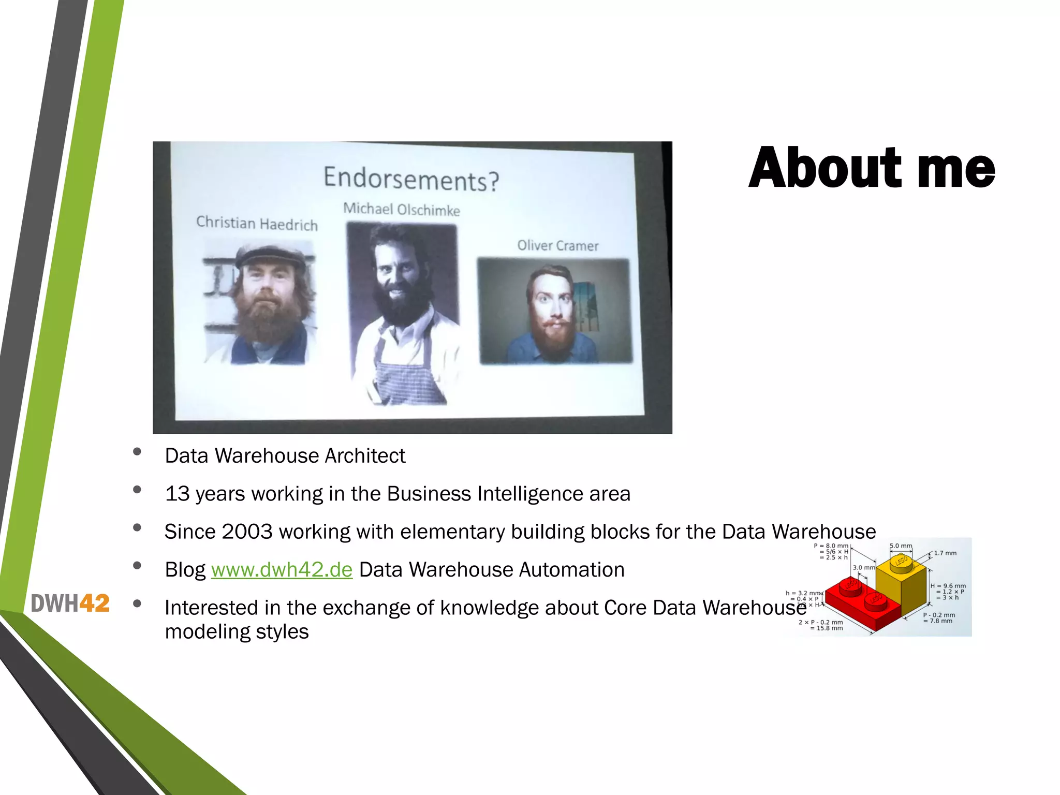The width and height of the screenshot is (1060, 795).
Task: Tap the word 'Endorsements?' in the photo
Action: [411, 179]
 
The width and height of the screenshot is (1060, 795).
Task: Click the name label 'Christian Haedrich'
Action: [257, 224]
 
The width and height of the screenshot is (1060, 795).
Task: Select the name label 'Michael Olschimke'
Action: [402, 210]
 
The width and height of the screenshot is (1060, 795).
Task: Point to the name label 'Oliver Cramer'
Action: [558, 246]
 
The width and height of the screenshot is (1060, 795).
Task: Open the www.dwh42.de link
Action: [282, 570]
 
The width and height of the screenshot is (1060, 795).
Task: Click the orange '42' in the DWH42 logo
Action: [95, 603]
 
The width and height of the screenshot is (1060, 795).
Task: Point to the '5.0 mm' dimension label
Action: [901, 546]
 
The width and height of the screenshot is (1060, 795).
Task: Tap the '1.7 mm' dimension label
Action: [945, 553]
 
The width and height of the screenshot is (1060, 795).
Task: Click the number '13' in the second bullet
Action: [177, 494]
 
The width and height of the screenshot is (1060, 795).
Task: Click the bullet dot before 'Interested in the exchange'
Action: [137, 603]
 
